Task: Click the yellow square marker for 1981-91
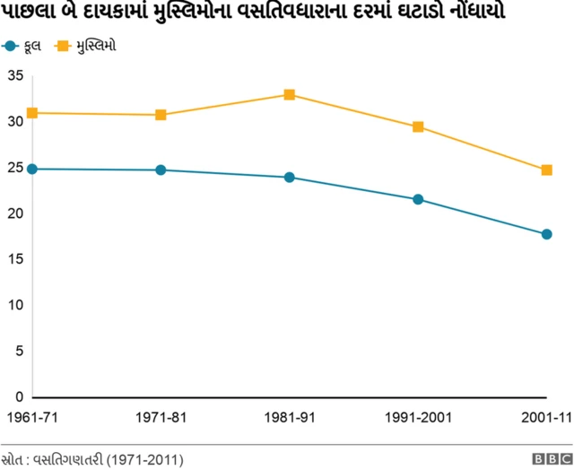[x=290, y=95]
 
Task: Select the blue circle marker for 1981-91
[x=290, y=178]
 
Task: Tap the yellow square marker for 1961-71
[x=32, y=113]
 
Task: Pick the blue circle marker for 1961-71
[x=32, y=169]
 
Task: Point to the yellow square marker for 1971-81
[x=161, y=115]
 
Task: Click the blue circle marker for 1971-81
[x=161, y=170]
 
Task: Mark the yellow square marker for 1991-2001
[x=418, y=126]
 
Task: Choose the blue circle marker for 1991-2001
[x=418, y=199]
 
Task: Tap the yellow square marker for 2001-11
[x=546, y=170]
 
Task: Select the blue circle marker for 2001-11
[x=546, y=234]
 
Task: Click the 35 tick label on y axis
[x=14, y=75]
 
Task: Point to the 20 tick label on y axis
[x=14, y=213]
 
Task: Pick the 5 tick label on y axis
[x=18, y=351]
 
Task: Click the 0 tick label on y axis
[x=18, y=396]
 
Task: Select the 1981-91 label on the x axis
[x=290, y=418]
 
